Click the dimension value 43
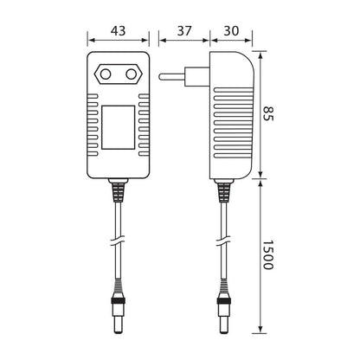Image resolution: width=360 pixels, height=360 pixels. tap(119, 31)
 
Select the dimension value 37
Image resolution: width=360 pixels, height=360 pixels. tap(184, 31)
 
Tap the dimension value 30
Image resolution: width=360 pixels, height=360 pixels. tap(231, 31)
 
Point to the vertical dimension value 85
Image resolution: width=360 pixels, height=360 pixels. tap(268, 113)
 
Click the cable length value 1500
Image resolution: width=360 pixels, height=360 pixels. tap(268, 254)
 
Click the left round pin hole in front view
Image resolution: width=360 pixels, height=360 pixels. tap(106, 74)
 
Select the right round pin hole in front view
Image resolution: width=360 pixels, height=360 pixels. tap(131, 74)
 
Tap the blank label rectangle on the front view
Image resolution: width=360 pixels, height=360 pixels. tap(119, 127)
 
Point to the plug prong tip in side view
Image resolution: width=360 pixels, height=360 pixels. tap(159, 76)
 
